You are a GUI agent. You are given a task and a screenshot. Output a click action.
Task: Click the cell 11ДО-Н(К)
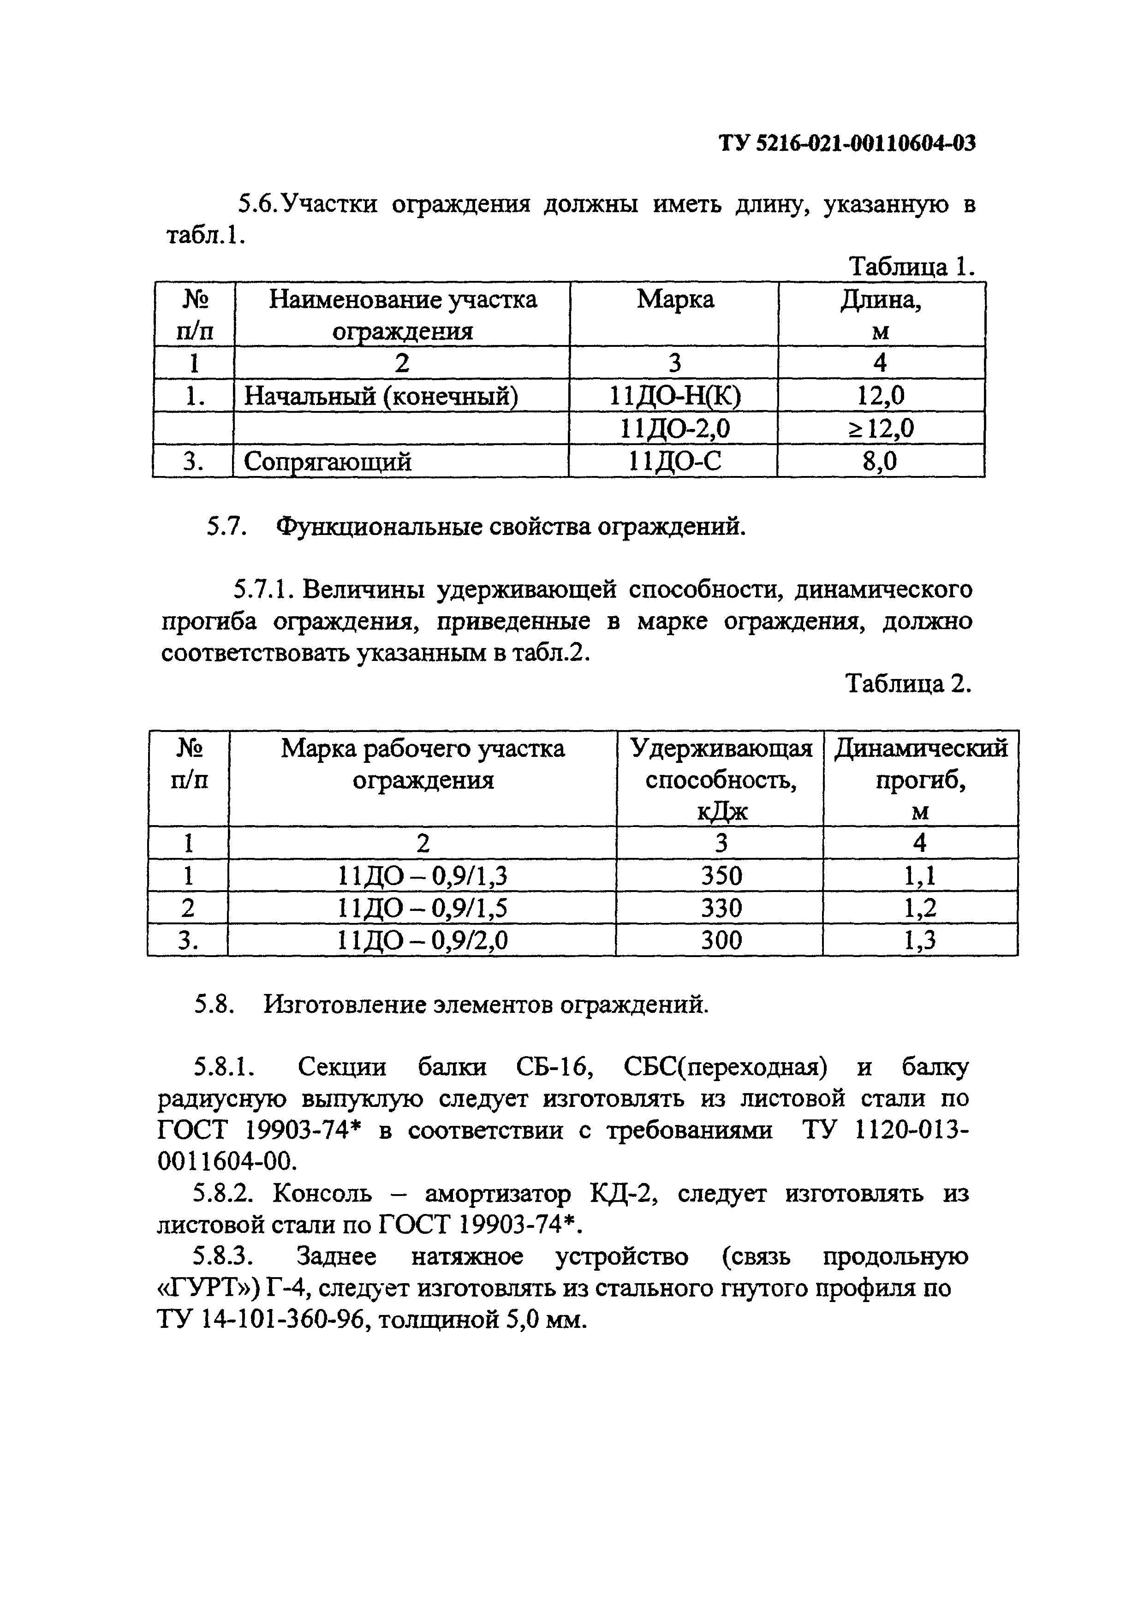(x=674, y=397)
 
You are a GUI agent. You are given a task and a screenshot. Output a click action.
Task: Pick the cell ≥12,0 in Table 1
(x=881, y=428)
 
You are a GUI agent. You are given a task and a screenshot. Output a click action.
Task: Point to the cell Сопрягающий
(x=328, y=462)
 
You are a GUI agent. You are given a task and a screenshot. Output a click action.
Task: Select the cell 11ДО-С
(x=674, y=462)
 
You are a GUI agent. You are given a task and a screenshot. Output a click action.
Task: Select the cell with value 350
(x=721, y=876)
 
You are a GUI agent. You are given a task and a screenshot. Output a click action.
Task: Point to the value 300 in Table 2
(x=721, y=941)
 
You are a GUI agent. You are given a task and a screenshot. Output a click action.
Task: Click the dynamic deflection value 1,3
(x=919, y=941)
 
